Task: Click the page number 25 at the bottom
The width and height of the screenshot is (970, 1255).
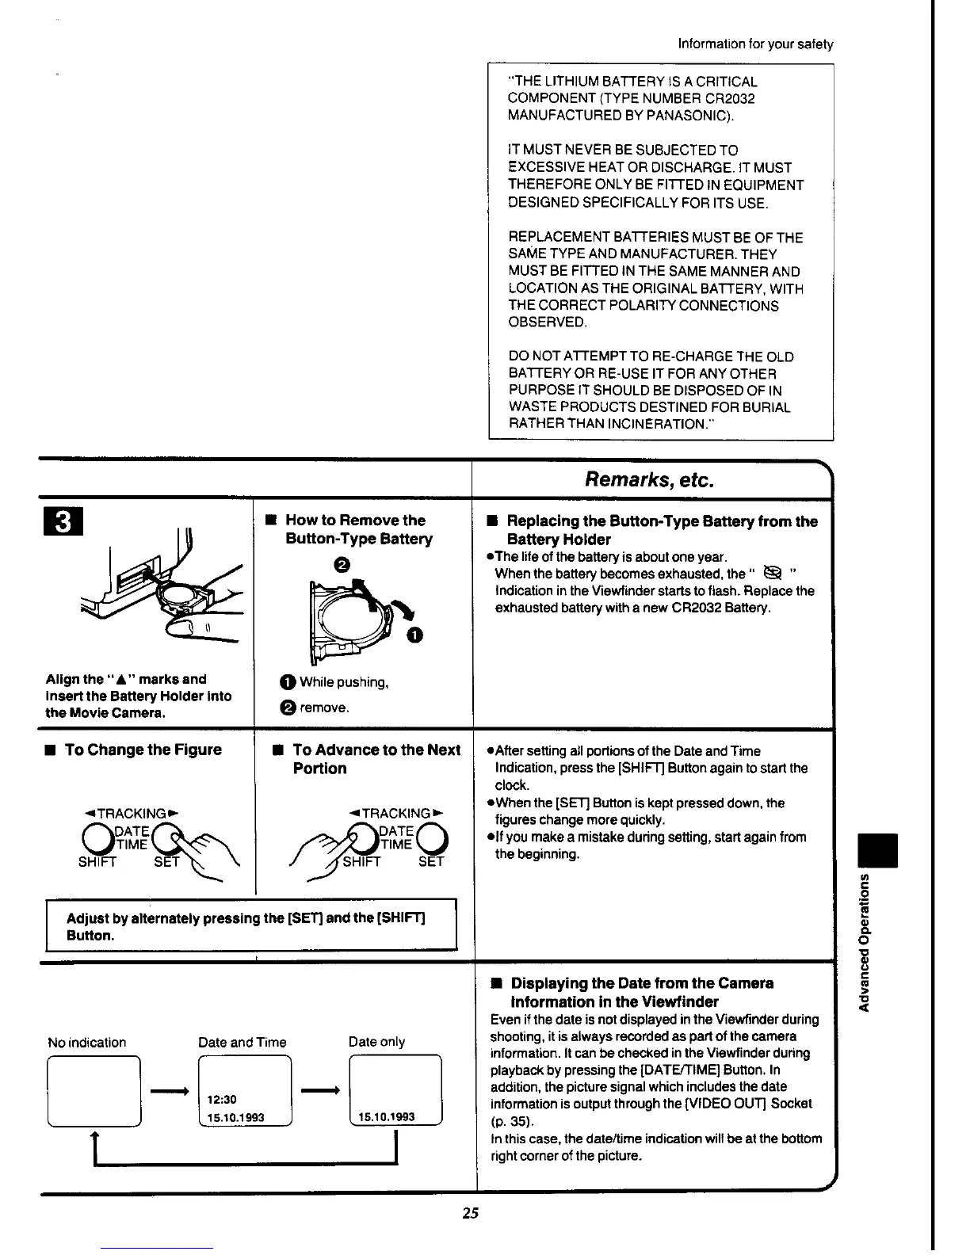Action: point(471,1212)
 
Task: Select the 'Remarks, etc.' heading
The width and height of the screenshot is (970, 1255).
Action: point(649,479)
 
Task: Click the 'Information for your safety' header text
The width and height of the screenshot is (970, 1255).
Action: point(755,44)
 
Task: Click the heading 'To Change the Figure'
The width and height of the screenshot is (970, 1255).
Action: point(143,750)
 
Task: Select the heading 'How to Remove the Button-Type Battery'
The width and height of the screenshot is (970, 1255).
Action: point(358,529)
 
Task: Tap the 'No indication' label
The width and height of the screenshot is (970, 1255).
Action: point(86,1042)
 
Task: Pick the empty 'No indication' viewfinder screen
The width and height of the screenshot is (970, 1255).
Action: point(94,1090)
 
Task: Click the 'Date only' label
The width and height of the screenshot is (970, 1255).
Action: point(376,1042)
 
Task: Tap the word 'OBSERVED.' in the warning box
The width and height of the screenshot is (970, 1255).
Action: point(548,322)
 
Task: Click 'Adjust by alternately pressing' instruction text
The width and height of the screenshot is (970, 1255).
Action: point(246,926)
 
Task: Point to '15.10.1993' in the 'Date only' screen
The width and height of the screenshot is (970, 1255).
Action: point(387,1117)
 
